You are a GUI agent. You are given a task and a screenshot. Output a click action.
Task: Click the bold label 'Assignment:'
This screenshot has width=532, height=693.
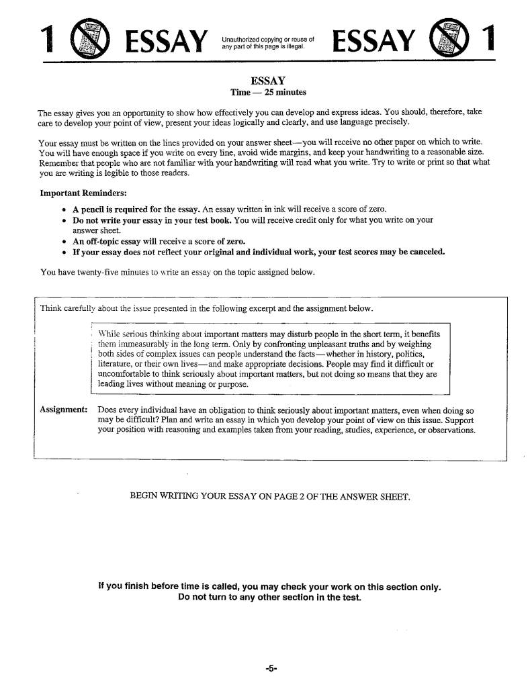coord(63,410)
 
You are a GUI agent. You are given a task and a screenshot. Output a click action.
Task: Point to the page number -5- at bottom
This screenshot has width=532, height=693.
coord(271,668)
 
